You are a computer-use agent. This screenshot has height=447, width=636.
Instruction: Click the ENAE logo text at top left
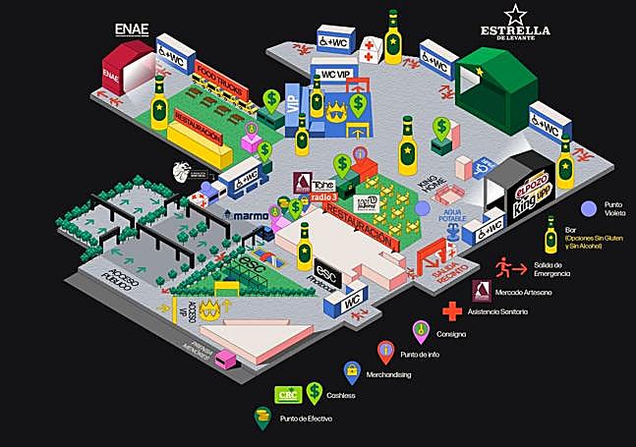pos(131,28)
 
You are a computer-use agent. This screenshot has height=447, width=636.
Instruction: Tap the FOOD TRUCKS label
pos(218,76)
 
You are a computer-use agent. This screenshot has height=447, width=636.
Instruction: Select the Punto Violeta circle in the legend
pos(589,208)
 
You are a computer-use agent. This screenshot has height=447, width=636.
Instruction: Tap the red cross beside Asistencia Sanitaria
pos(452,311)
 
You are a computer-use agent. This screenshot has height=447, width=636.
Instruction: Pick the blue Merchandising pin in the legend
pos(351,371)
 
